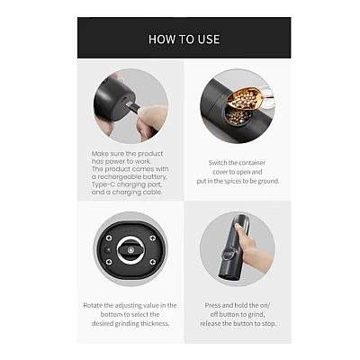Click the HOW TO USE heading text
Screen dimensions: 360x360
point(184,40)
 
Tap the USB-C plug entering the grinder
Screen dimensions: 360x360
point(133,107)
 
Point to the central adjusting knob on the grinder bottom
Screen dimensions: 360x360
point(130,250)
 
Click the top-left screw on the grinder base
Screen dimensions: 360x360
point(109,238)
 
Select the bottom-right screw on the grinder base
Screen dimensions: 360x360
point(152,262)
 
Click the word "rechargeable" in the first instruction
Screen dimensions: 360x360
point(132,176)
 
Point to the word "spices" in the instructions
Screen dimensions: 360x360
point(233,181)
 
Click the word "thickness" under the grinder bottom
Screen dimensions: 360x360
point(155,324)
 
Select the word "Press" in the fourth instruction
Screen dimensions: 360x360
point(212,305)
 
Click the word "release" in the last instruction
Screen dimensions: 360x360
point(211,324)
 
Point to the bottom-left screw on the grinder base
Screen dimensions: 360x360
point(109,262)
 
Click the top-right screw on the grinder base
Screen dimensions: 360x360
point(152,238)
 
